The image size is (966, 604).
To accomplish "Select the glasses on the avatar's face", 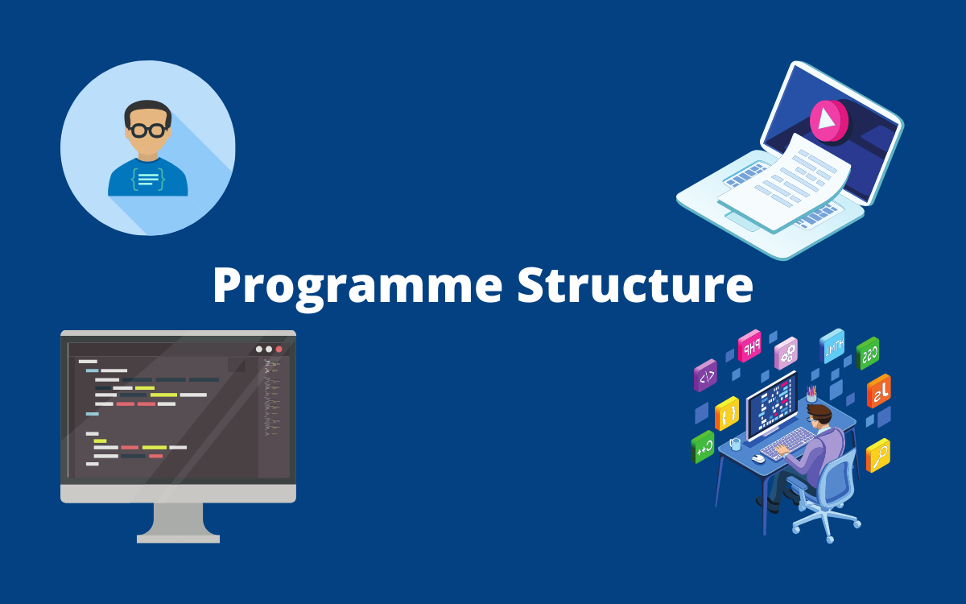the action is coord(147,130).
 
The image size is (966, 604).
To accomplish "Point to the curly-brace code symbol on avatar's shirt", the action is coord(148,179).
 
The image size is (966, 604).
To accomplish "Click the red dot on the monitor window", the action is coord(279,349).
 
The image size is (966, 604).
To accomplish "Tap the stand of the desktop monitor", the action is coord(178,523).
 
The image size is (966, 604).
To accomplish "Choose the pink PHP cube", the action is coord(749,346).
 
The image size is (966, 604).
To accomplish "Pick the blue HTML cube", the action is coord(832,346).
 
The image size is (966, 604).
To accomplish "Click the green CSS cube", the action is coord(867,354).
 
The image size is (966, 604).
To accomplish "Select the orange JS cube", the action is coord(879,391).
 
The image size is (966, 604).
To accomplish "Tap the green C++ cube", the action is coord(703,447).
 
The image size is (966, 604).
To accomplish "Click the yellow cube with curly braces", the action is coord(727,414).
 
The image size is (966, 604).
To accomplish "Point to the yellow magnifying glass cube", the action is coord(878,456).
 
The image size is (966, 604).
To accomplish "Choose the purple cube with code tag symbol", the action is coord(705,375).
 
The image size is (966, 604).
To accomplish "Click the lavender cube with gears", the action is coord(786,354).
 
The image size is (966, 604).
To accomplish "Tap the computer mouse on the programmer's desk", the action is coord(758,458).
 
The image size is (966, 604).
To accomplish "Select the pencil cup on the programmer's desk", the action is coord(811,394).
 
